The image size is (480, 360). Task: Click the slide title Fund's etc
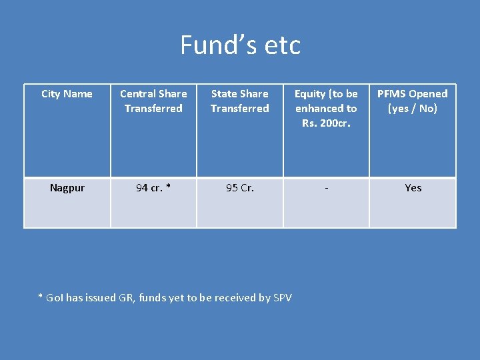point(240,45)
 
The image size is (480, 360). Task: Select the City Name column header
point(67,94)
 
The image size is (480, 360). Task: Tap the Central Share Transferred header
point(153,101)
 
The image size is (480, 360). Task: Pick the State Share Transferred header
point(239,101)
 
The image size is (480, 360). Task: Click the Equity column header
point(326,108)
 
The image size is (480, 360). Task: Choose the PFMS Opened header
point(413,101)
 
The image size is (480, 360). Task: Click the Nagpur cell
point(67,188)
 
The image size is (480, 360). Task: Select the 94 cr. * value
point(153,188)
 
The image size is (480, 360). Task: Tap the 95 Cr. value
point(239,188)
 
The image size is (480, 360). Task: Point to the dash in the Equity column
point(326,188)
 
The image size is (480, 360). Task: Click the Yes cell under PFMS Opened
point(413,188)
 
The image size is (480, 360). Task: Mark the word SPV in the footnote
point(283,298)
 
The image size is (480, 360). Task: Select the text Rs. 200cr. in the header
point(326,123)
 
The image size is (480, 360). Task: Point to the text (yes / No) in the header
point(413,108)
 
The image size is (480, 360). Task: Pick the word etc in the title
point(283,45)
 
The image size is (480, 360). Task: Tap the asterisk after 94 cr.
point(169,187)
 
